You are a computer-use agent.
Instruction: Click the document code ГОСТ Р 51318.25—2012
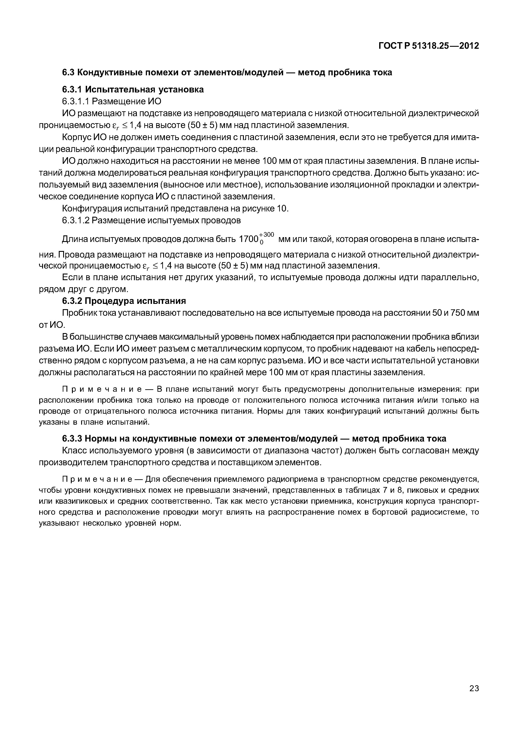(429, 46)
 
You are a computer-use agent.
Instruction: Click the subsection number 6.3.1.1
(76, 101)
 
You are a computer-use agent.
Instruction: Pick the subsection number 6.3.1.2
(76, 220)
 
